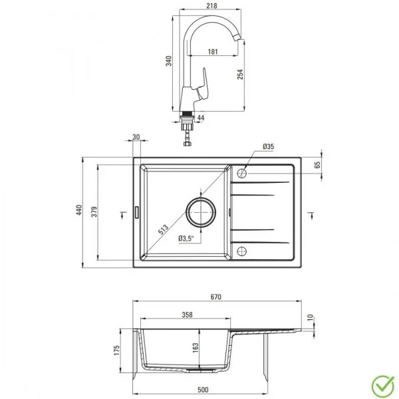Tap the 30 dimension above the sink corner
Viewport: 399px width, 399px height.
136,137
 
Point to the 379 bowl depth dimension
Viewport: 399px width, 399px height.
93,211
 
